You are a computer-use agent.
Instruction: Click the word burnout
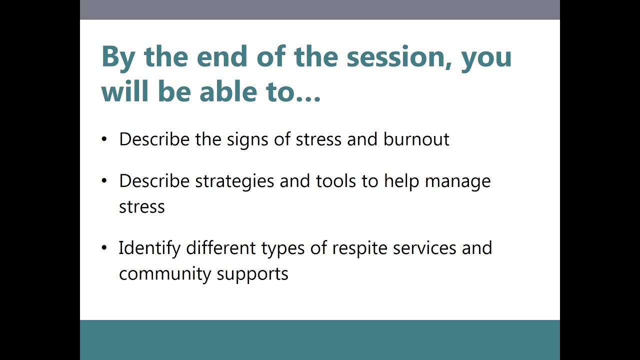click(416, 139)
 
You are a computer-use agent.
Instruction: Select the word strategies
click(234, 181)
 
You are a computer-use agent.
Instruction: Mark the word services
click(424, 248)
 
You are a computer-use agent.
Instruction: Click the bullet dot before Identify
click(104, 247)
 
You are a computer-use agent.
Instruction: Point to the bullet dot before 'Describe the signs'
click(104, 139)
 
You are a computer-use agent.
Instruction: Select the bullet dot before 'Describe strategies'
click(104, 180)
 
